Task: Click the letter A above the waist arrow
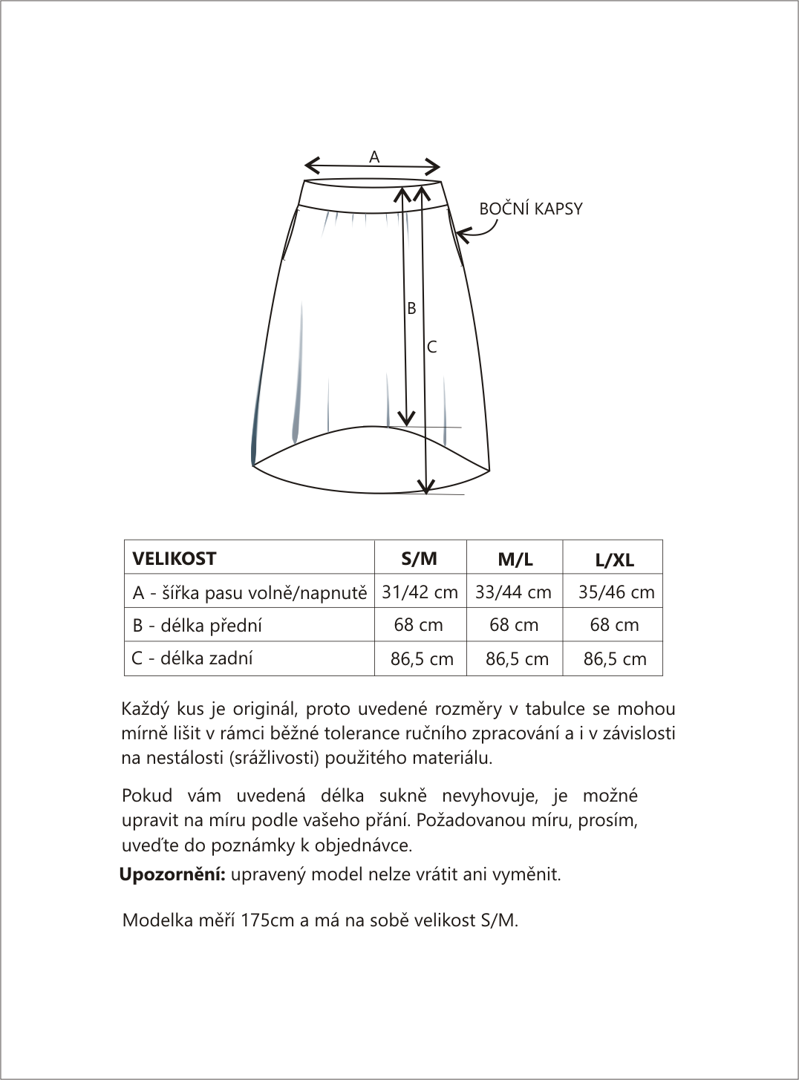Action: tap(374, 157)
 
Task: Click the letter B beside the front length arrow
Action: tap(411, 309)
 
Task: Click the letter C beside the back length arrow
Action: tap(431, 347)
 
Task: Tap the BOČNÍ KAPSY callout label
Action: tap(531, 209)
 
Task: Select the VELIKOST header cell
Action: tap(175, 558)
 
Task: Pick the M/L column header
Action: tap(515, 560)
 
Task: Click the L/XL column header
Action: tap(615, 560)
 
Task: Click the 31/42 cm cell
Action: tap(420, 592)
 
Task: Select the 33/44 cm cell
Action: tap(514, 592)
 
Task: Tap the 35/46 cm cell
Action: tap(616, 592)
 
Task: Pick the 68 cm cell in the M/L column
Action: tap(514, 625)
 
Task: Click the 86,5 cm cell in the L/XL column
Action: tap(615, 659)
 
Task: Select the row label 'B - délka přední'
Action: tap(198, 626)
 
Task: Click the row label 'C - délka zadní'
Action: tap(192, 658)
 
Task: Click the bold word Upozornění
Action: tap(173, 874)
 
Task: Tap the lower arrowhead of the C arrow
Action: tap(425, 486)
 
